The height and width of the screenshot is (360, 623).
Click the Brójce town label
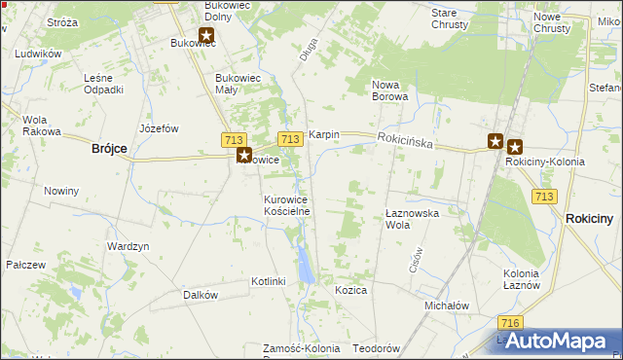coord(109,148)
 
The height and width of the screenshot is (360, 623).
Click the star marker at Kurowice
coord(244,155)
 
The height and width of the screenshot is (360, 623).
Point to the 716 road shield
coord(506,322)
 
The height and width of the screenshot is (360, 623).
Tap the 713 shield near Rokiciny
coord(545,197)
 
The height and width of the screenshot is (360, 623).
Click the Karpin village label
coord(323,134)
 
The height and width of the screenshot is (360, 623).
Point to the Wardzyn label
coord(128,247)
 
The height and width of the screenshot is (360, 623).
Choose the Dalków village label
coord(200,295)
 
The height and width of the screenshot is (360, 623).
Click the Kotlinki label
coord(268,281)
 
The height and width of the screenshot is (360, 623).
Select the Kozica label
coord(350,291)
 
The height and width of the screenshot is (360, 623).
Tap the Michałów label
coord(447,306)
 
